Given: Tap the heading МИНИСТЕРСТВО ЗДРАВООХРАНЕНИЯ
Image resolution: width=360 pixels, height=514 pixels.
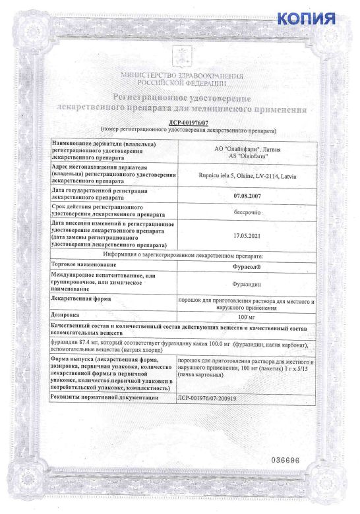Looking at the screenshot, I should pos(181,77).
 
